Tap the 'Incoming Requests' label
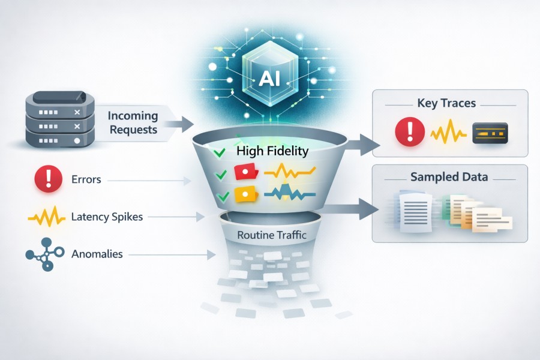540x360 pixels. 133,122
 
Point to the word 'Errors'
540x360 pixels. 86,179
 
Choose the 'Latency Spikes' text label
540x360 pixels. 107,217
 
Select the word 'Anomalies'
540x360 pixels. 97,254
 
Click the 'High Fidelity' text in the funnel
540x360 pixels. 272,151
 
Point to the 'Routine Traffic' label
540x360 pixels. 272,235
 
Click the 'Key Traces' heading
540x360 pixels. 446,103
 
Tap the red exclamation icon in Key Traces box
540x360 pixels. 407,131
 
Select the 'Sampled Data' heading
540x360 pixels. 449,177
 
